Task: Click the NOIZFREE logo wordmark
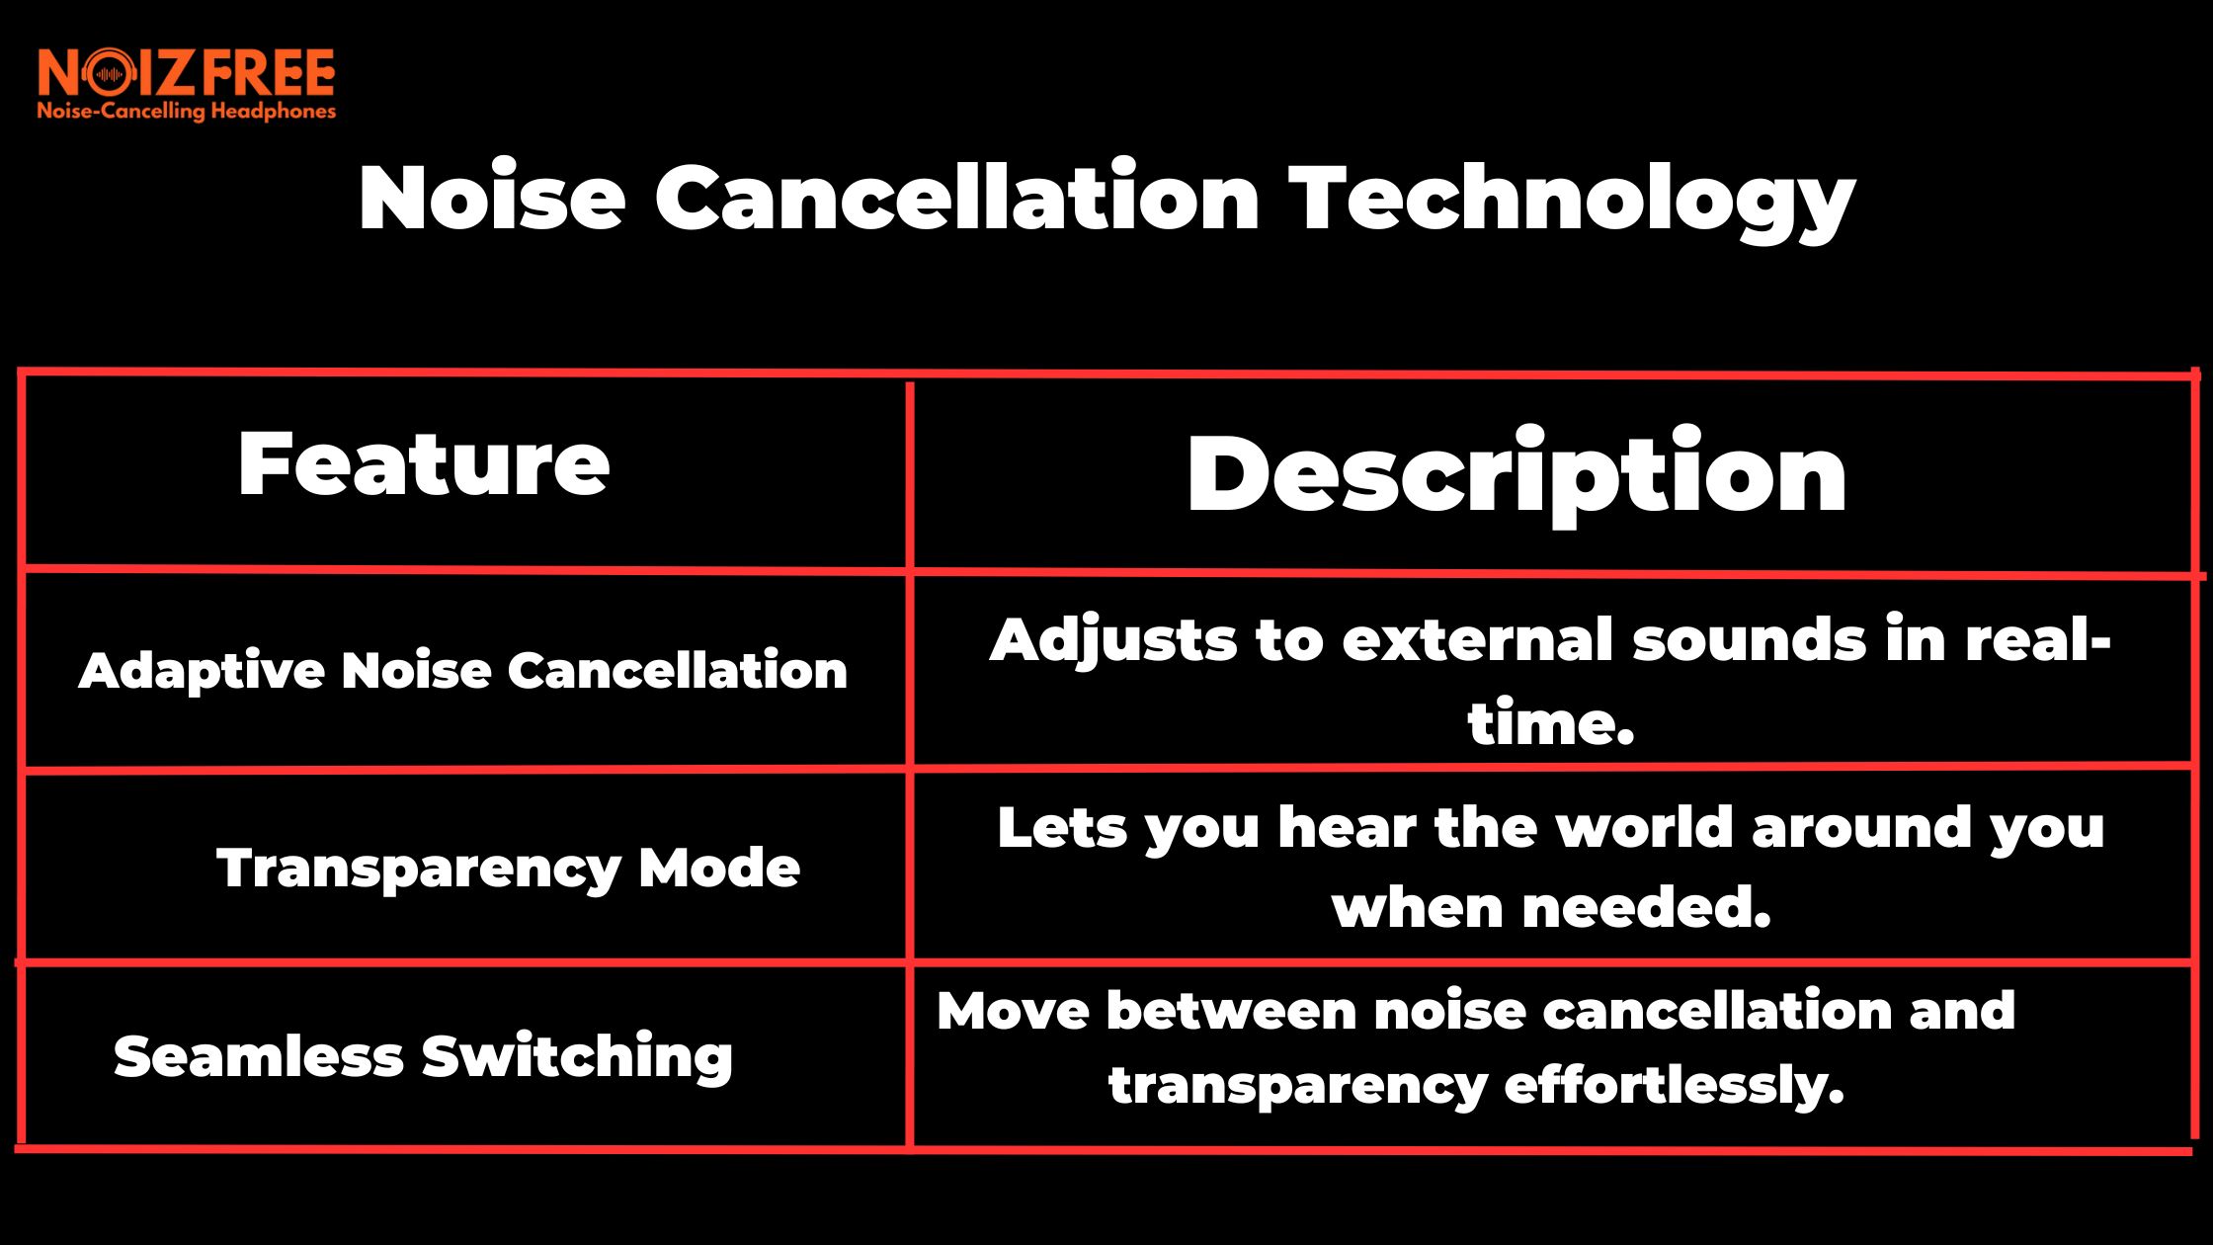coord(187,73)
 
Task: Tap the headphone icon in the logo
coord(110,74)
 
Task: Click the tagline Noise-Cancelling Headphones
coord(187,111)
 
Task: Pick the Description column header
coord(1516,475)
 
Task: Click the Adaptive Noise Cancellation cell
coord(463,671)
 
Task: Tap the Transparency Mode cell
coord(508,869)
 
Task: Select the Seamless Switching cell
coord(423,1056)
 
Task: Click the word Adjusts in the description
coord(1112,640)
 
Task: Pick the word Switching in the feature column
coord(577,1057)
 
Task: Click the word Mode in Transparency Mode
coord(719,869)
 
